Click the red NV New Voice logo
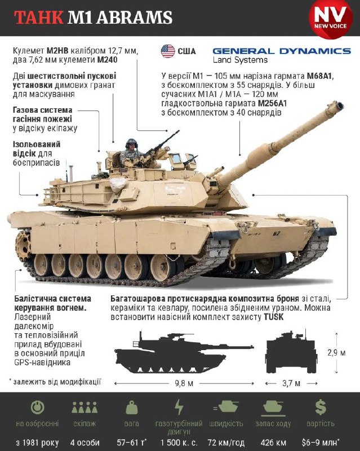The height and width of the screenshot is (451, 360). click(330, 18)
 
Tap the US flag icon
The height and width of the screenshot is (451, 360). click(168, 51)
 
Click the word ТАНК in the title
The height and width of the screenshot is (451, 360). click(39, 17)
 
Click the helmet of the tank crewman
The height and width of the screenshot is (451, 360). click(131, 143)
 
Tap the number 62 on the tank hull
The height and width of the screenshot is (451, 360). click(277, 233)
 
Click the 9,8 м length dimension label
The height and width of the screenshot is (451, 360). click(184, 383)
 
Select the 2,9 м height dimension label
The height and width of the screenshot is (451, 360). click(337, 353)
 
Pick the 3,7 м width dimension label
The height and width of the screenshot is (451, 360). click(291, 383)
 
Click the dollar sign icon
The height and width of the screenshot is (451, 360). click(321, 407)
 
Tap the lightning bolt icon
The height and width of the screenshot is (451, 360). click(179, 407)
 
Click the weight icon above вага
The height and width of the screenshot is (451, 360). click(132, 408)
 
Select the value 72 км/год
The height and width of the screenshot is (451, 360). click(226, 443)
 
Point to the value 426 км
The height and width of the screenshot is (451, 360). click(273, 443)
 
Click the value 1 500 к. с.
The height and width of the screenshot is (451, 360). click(179, 443)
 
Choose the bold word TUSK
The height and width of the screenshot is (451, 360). click(273, 317)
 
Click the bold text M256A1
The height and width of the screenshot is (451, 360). click(272, 103)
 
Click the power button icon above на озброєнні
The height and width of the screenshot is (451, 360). click(37, 407)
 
